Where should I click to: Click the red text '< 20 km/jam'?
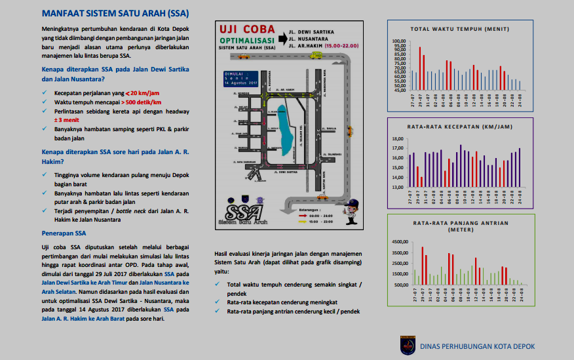(x=142, y=93)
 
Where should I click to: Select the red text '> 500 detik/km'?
(x=142, y=102)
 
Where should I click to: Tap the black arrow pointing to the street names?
(x=278, y=38)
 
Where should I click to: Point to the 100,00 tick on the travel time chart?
(x=399, y=41)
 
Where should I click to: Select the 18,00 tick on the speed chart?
(x=399, y=139)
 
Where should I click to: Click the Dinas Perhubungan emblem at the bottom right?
(x=407, y=345)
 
